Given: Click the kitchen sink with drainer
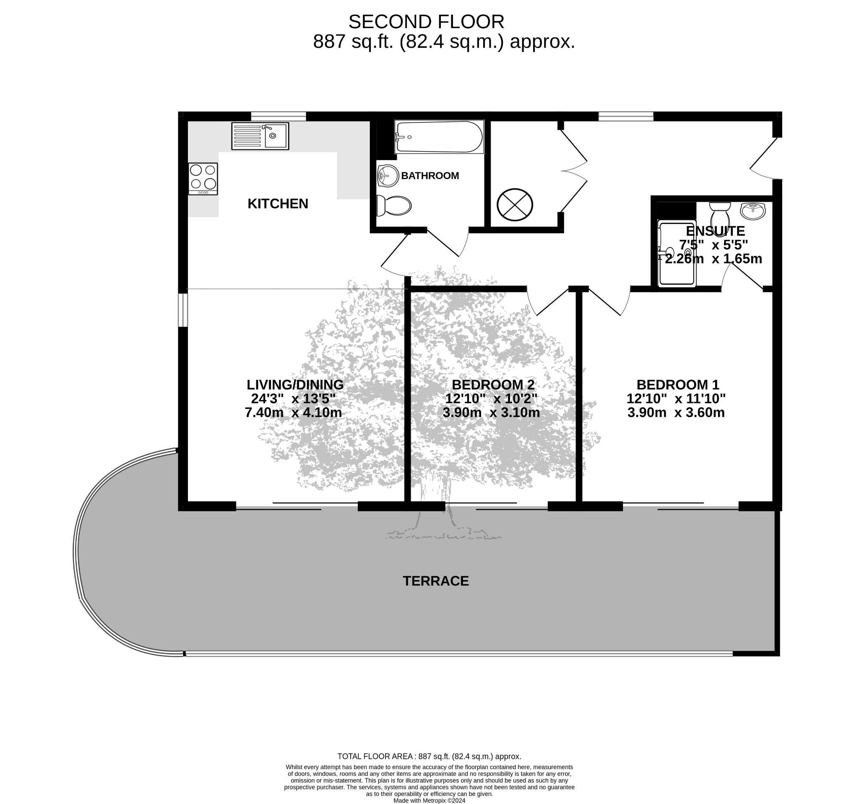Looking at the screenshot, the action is point(260,136).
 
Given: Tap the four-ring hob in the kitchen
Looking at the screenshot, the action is point(203,179).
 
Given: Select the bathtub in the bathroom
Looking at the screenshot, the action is point(439,137).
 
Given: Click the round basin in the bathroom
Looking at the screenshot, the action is point(388,175).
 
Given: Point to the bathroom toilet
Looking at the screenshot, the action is point(393,206).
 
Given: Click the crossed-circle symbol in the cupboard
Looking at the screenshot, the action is point(515,205).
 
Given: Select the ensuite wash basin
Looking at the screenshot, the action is point(753,211).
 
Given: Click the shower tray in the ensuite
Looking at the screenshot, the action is point(677,253).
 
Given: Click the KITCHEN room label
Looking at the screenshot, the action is point(278,203).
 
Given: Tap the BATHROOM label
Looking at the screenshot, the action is point(430,176).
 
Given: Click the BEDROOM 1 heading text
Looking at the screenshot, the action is point(677,385).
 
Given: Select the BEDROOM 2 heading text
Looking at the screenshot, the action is point(493,385).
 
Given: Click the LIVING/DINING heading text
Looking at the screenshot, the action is point(295,385).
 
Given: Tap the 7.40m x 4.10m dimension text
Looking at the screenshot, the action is point(293,413).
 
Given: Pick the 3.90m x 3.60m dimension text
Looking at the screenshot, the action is point(676,413).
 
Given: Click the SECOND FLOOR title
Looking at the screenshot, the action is point(427,22).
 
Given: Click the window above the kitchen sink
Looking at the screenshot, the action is point(279,116).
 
